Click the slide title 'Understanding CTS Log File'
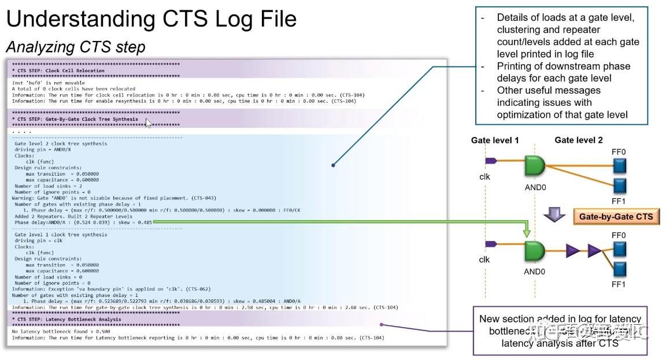[151, 20]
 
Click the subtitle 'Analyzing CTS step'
[75, 47]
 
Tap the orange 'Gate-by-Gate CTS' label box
[616, 217]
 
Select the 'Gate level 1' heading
[495, 140]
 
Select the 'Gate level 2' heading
[579, 140]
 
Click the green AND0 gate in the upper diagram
[535, 166]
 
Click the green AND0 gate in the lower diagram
[535, 250]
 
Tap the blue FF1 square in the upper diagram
[619, 186]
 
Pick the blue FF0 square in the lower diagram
[619, 249]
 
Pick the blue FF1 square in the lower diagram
[619, 269]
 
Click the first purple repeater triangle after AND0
[573, 251]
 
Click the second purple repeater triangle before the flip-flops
[594, 251]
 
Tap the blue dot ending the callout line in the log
[333, 166]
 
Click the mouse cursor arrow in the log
[149, 123]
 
